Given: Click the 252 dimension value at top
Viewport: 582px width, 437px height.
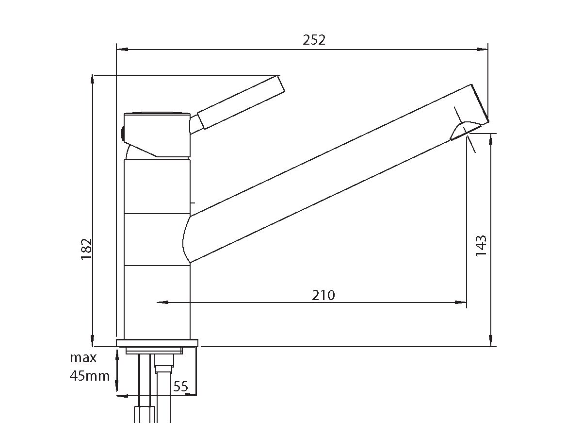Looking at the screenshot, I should [314, 40].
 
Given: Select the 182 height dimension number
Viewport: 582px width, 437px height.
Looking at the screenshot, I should [86, 249].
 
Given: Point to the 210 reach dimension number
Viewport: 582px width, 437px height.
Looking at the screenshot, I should [323, 295].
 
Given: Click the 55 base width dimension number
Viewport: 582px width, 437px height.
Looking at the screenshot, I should [180, 387].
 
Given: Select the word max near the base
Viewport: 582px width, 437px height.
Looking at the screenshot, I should [83, 358].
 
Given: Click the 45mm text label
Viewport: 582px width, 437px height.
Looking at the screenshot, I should [90, 376].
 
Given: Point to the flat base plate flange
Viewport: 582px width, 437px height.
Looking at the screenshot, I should [158, 343].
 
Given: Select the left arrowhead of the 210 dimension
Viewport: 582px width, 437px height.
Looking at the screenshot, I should [162, 303].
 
